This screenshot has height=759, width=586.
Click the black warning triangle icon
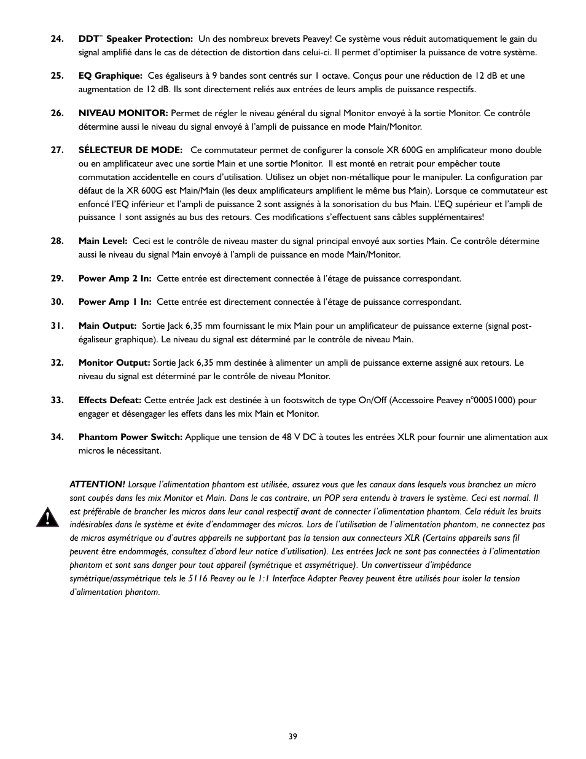click(x=47, y=517)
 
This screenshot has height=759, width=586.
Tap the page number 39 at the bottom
click(x=292, y=736)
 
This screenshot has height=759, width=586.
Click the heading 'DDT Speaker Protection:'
click(x=135, y=39)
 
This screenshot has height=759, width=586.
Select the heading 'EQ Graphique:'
click(x=111, y=76)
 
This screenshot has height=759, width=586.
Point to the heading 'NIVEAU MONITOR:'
click(x=123, y=113)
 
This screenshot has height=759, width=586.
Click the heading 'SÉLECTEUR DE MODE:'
click(x=130, y=150)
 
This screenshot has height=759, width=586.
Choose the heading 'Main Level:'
click(x=103, y=241)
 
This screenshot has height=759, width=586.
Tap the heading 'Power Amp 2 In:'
click(x=114, y=278)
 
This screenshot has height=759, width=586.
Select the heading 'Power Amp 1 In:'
click(x=114, y=302)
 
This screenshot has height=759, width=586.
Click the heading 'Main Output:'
click(x=107, y=326)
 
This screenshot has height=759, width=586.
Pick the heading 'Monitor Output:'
click(x=114, y=363)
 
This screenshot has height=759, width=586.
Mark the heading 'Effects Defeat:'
click(x=110, y=400)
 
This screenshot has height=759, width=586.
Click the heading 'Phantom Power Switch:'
click(x=130, y=437)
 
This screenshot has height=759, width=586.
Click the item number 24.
click(x=57, y=39)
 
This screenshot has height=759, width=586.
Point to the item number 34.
click(x=57, y=437)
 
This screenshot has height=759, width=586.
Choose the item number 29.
click(x=57, y=278)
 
